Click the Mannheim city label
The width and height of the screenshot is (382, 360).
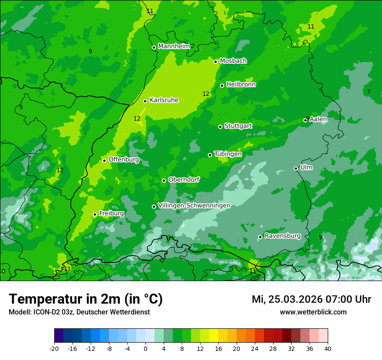pos(174,46)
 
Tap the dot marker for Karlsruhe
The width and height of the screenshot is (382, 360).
pos(145,101)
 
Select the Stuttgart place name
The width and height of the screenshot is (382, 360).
pos(238,126)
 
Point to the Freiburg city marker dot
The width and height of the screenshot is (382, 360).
pos(95,214)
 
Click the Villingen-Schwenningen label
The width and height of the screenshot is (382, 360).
pos(194,206)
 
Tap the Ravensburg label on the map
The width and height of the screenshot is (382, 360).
pos(283,236)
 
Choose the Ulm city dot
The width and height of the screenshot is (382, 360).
pos(296,168)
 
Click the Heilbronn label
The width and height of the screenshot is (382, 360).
pos(241,85)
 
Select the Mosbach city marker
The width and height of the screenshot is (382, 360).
pos(215,62)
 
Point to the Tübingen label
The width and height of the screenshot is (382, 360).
pos(228,154)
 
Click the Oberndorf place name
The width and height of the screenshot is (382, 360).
pos(184,180)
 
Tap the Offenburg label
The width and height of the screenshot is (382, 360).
pos(124,160)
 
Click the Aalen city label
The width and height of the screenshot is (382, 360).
pos(318,119)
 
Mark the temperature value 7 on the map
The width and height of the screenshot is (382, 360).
pos(369,92)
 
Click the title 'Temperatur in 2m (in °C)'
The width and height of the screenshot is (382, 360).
pos(86,299)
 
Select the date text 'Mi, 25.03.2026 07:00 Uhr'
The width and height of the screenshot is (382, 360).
pos(311,299)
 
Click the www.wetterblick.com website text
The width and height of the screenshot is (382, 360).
pos(313,312)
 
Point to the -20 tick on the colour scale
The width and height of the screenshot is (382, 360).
pos(54,349)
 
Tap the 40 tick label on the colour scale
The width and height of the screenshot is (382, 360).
pos(327,349)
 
